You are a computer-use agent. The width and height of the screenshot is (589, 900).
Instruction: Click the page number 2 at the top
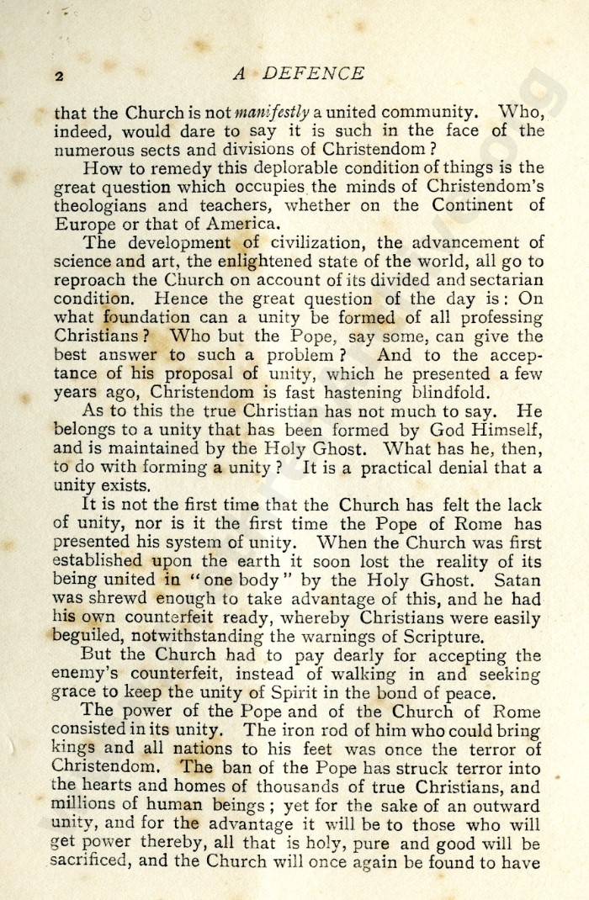(x=59, y=76)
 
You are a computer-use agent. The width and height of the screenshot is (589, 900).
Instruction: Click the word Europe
(x=85, y=224)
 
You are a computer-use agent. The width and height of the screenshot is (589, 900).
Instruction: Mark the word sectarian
(x=502, y=280)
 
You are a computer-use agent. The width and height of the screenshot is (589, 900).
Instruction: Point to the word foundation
(x=142, y=318)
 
